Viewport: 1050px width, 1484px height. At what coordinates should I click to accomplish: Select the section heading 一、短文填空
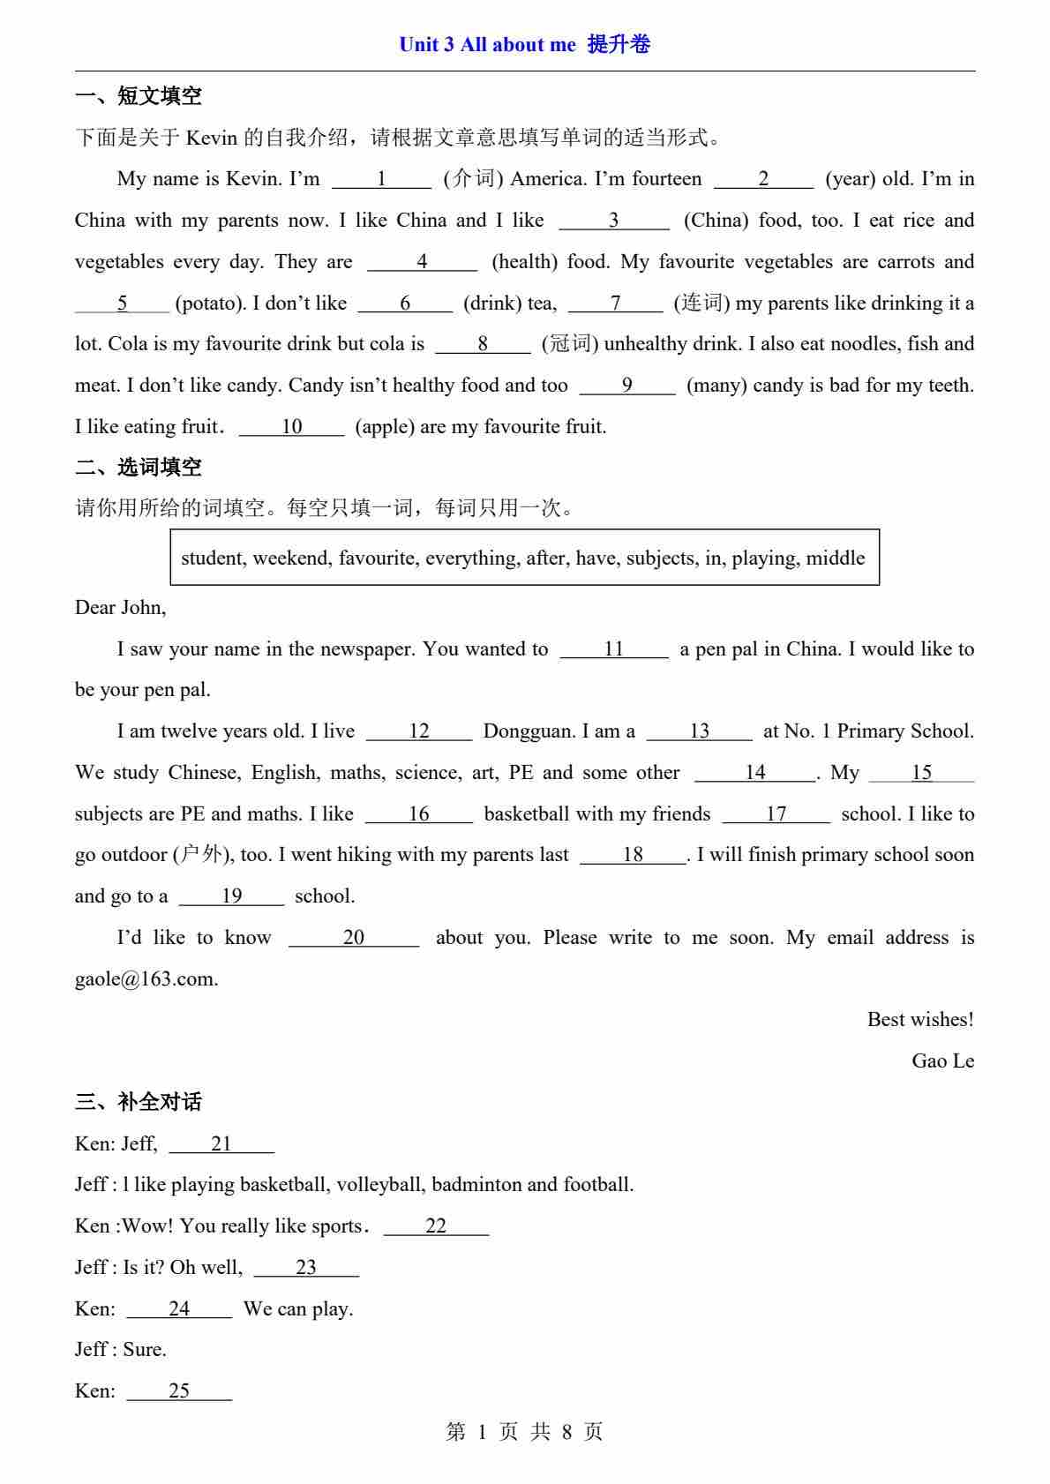point(139,96)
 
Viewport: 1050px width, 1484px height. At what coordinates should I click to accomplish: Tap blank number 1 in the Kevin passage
point(381,179)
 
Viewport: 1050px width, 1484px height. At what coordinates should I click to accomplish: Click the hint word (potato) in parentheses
point(210,304)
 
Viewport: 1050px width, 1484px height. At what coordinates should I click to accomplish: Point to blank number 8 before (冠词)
point(483,344)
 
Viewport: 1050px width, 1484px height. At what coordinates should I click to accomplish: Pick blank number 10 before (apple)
point(291,427)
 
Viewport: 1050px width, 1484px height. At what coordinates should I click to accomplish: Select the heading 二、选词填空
point(139,468)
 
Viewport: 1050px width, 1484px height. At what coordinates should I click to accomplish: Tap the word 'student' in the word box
point(214,558)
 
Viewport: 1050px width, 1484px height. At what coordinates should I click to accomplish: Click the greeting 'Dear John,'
point(120,608)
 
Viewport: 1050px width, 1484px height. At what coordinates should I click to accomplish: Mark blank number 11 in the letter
point(614,649)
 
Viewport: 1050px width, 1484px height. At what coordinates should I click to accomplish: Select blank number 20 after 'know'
point(353,938)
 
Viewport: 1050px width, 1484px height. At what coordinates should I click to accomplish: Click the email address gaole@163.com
point(146,979)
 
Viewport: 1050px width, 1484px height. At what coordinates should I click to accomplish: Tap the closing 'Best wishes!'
point(920,1020)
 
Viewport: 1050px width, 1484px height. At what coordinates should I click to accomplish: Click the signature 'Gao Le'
point(942,1061)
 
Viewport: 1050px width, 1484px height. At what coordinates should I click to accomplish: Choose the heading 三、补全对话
point(139,1102)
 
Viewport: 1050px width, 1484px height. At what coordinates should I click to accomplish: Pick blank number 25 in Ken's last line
point(179,1391)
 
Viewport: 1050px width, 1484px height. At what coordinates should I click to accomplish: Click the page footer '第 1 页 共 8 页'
point(524,1432)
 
